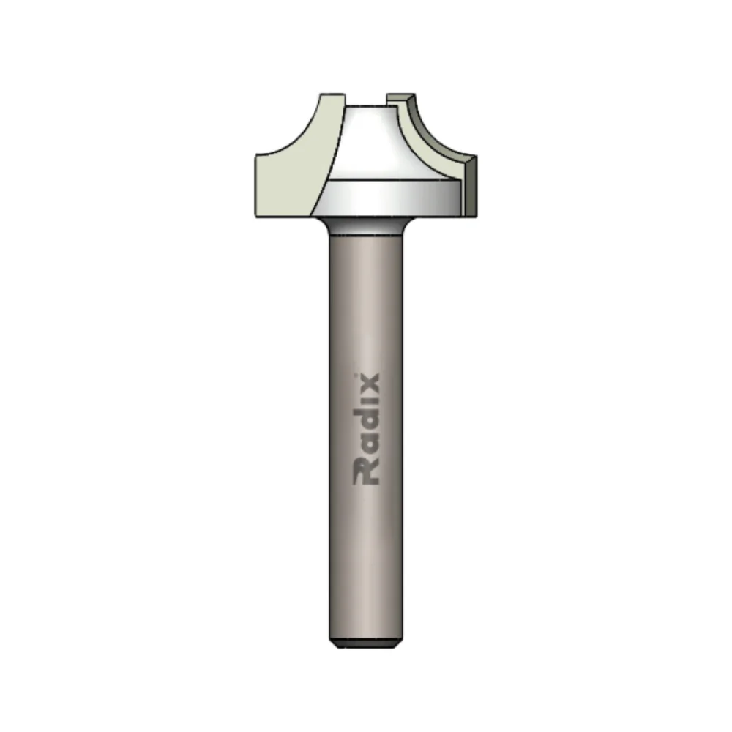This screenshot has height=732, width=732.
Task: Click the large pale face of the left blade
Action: click(x=285, y=183)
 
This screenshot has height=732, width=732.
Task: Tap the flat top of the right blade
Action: click(x=400, y=95)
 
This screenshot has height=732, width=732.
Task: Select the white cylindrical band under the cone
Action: click(x=388, y=198)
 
